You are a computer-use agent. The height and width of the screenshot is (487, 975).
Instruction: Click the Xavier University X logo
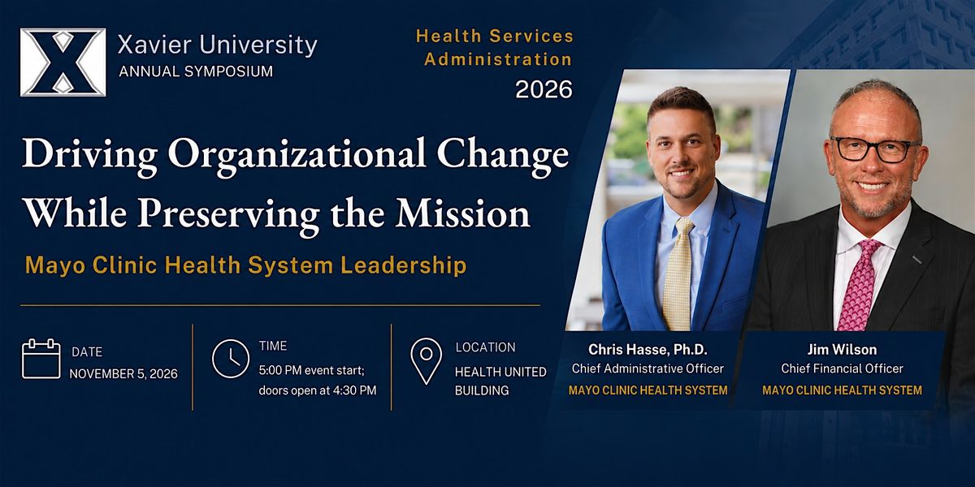63,62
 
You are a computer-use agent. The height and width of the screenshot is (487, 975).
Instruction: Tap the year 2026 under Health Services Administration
544,89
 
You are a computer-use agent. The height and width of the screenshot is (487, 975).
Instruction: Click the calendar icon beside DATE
41,359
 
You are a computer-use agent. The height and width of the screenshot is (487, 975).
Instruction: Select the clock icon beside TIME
231,359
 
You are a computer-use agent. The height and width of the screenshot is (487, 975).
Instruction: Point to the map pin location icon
426,361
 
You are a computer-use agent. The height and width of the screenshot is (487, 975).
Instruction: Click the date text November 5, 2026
123,374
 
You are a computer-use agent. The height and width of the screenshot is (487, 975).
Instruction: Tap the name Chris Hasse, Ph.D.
648,349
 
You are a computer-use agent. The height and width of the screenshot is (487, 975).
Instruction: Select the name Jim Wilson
842,349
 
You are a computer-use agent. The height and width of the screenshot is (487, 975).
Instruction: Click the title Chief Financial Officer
842,368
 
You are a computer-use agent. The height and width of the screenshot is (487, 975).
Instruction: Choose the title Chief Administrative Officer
648,368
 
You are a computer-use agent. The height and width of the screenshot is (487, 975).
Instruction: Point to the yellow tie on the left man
678,275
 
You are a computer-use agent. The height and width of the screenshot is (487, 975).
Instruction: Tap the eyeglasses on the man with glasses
875,149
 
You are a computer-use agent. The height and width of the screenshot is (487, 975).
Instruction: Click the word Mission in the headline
462,213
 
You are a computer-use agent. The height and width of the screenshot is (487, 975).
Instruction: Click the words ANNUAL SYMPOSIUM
196,71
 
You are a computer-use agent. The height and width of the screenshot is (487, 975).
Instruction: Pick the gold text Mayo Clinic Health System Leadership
246,265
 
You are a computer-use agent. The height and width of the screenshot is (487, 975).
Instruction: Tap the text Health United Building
500,381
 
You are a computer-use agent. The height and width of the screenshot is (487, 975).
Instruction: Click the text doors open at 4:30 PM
318,390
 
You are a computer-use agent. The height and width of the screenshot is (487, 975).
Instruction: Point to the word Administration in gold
498,59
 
